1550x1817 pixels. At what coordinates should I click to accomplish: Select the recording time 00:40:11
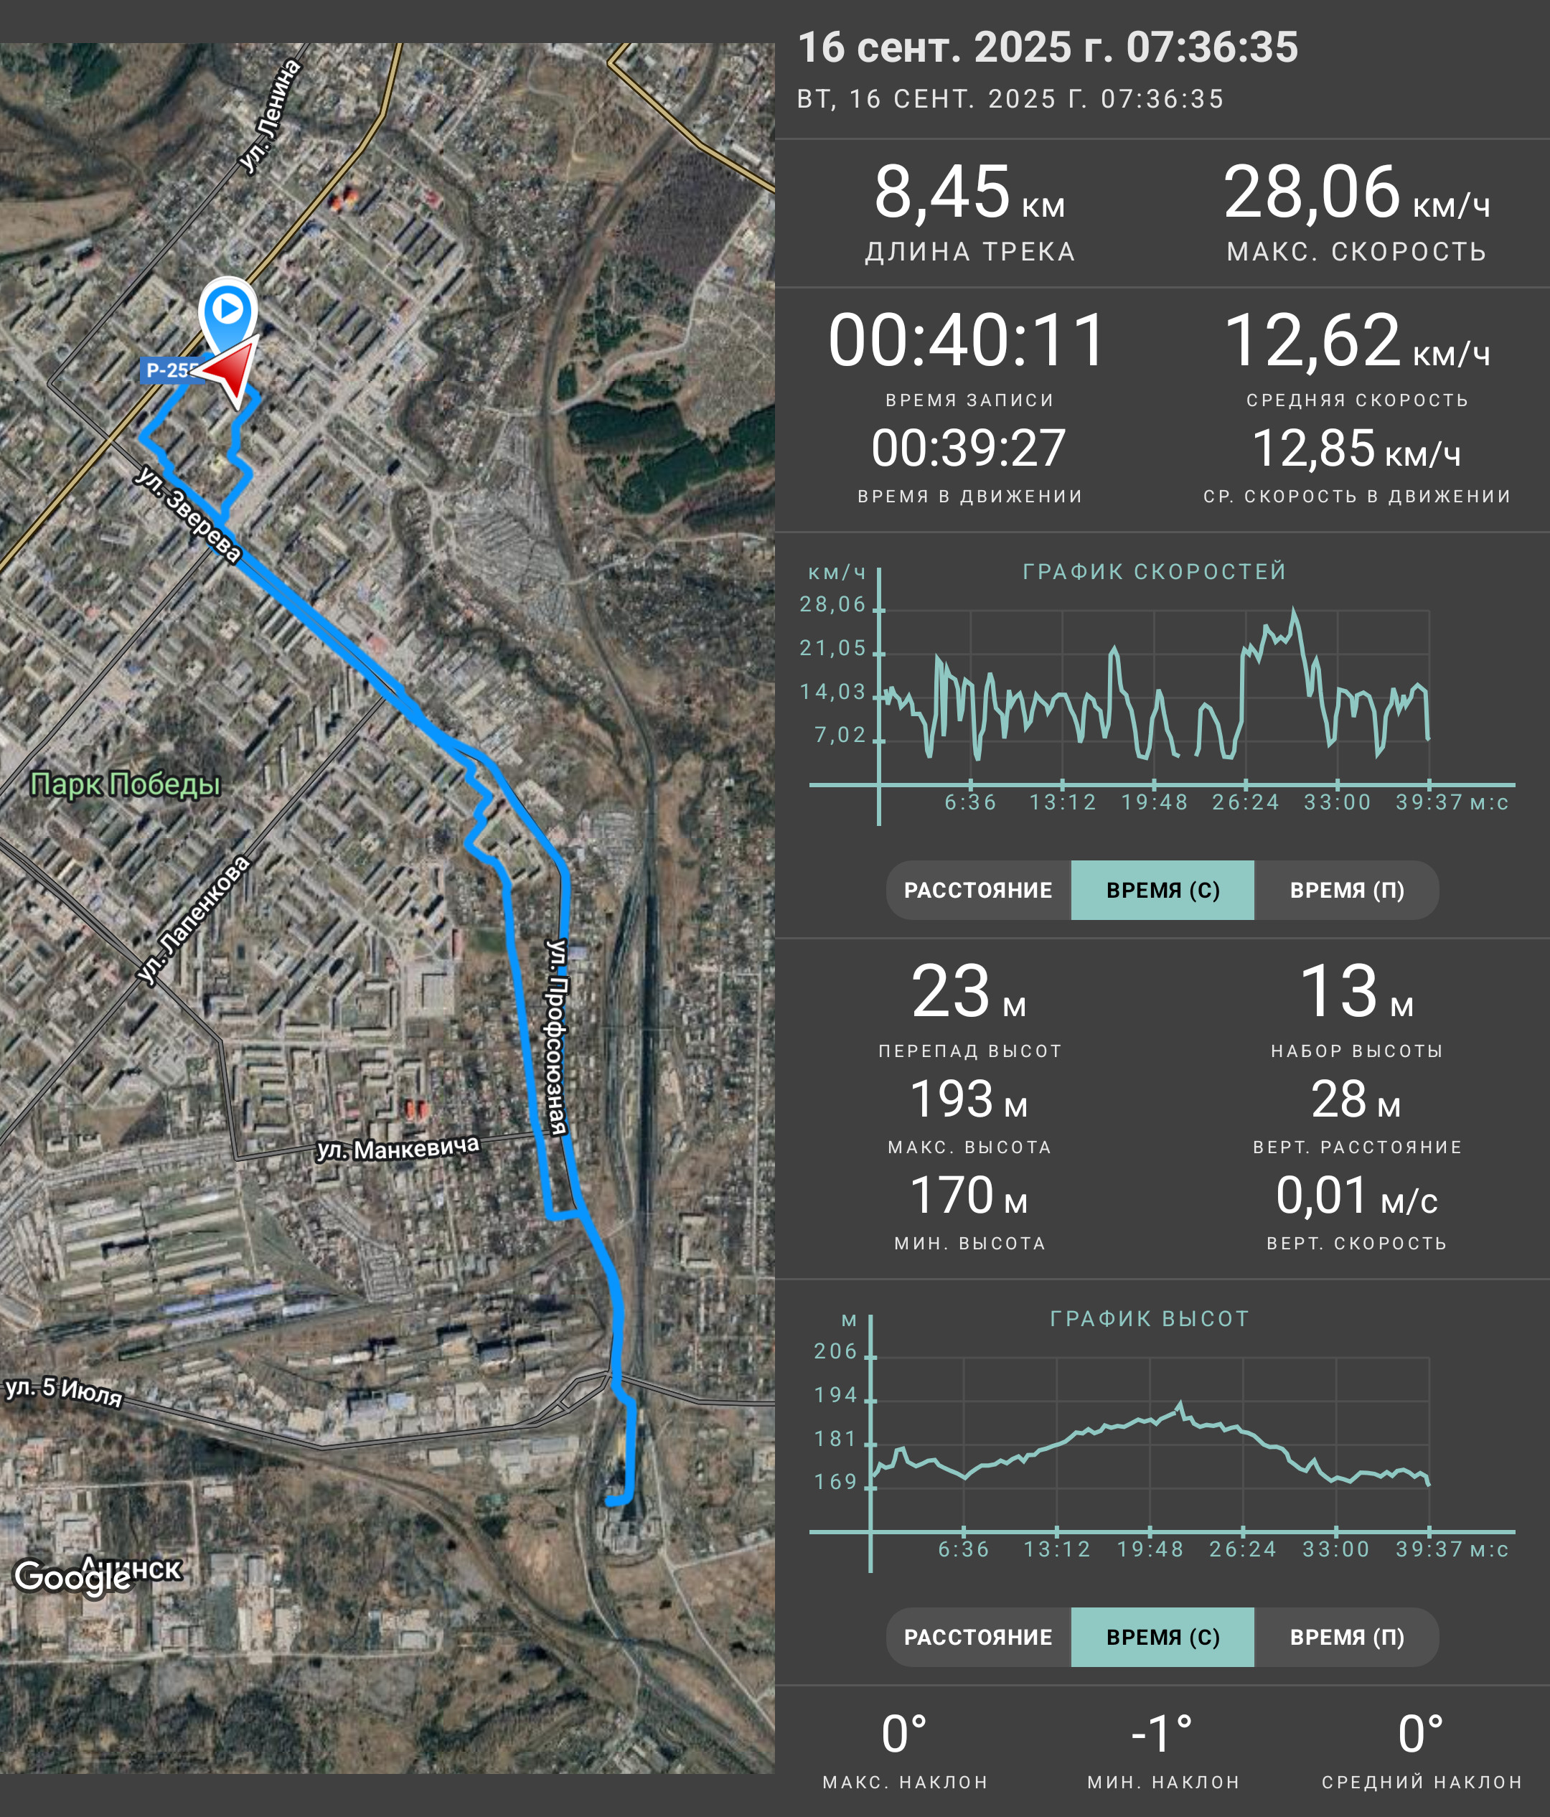coord(968,340)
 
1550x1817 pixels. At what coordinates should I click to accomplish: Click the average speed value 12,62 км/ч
coord(1356,340)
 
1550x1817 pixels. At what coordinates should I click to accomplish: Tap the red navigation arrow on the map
coord(230,371)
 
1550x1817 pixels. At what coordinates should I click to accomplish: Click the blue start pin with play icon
coord(228,314)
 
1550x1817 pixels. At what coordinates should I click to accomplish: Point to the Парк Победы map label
coord(126,783)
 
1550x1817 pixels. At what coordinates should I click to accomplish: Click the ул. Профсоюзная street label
coord(557,1036)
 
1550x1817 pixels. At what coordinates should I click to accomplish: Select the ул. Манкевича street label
coord(398,1149)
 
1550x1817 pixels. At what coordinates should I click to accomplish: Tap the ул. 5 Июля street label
coord(64,1391)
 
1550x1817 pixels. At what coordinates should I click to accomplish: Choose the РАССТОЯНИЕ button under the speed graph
coord(978,890)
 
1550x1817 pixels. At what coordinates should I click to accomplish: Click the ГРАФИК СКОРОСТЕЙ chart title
coord(1155,572)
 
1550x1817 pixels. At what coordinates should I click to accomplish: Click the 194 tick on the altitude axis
coord(835,1395)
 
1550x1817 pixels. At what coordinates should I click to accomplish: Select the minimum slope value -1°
coord(1162,1734)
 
